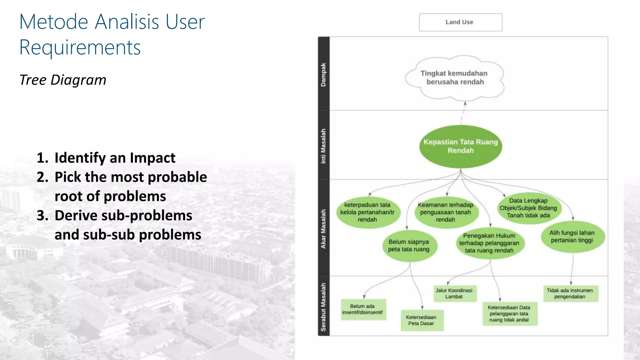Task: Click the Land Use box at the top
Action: click(460, 22)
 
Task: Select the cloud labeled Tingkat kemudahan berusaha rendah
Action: click(455, 78)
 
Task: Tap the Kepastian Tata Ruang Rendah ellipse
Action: click(461, 146)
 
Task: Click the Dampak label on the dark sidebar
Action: click(323, 75)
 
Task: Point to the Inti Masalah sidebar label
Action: click(323, 146)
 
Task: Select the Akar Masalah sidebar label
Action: click(323, 229)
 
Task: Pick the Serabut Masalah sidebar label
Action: click(323, 307)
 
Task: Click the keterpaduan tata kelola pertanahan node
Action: click(367, 212)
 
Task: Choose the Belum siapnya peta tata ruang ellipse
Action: click(409, 246)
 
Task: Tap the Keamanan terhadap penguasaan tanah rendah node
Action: click(446, 212)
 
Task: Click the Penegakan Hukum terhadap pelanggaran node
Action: click(489, 243)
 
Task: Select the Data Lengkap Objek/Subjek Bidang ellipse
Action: click(528, 208)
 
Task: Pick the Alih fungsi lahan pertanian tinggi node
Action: click(572, 237)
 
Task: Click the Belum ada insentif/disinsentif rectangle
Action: click(363, 309)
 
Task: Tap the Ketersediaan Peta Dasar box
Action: click(422, 320)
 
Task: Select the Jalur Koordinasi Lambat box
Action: click(454, 293)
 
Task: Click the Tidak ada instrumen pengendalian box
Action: click(570, 293)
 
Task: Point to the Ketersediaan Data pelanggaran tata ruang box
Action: click(509, 314)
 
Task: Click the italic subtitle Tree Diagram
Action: click(63, 80)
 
